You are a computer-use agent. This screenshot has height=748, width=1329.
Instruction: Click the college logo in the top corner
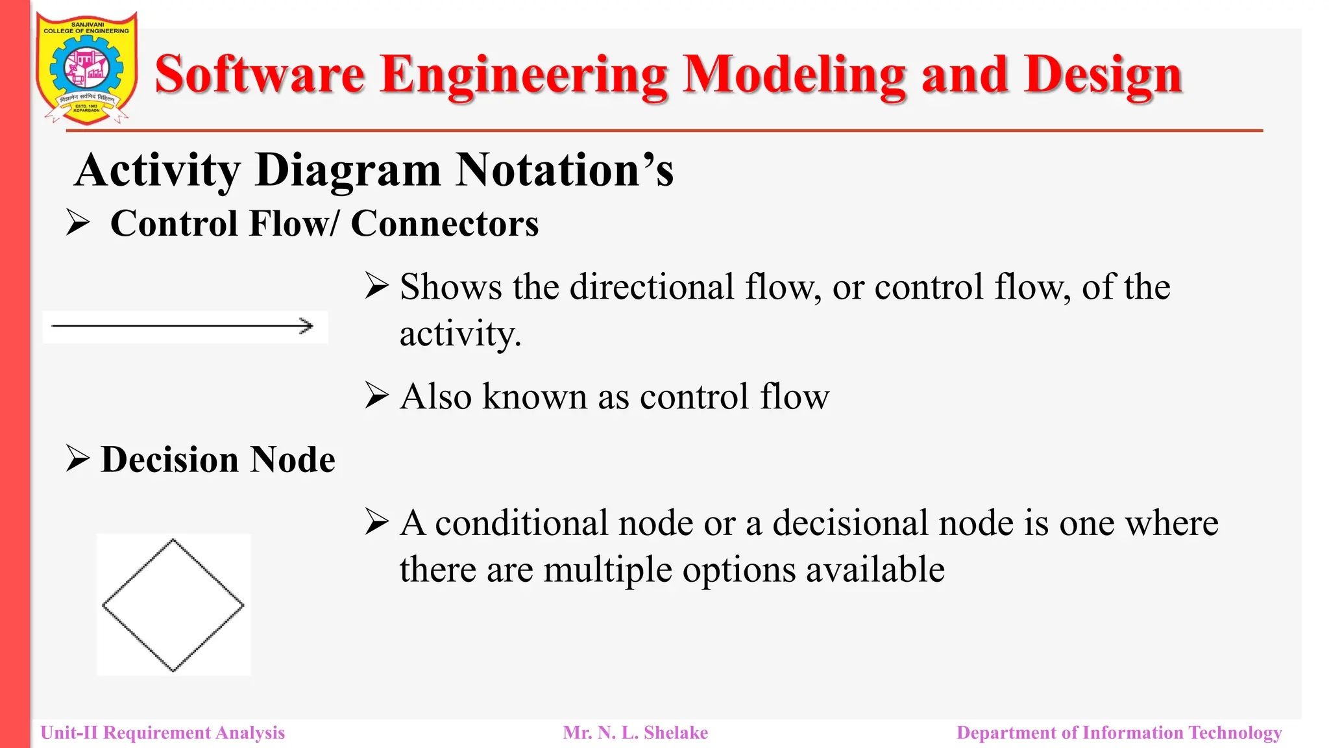[x=86, y=68]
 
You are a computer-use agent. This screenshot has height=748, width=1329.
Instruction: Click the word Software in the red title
[x=259, y=75]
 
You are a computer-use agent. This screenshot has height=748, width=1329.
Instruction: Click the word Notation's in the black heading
[x=564, y=170]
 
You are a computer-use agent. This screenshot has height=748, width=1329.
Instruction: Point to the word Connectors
[x=445, y=224]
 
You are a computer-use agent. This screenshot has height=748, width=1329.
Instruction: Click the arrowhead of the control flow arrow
[x=306, y=326]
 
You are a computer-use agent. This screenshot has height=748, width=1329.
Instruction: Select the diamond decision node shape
[x=173, y=605]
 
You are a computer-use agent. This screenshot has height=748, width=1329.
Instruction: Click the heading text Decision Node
[x=218, y=460]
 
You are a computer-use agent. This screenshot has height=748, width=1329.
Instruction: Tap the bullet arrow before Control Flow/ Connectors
[x=78, y=223]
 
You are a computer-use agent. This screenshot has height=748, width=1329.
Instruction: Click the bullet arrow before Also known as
[x=376, y=395]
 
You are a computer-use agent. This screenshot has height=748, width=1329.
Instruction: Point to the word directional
[x=652, y=287]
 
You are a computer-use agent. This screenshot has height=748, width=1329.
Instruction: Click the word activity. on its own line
[x=460, y=334]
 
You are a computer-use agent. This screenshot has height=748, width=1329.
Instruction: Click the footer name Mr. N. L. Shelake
[x=635, y=733]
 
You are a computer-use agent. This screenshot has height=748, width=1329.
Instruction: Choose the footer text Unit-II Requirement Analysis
[x=163, y=733]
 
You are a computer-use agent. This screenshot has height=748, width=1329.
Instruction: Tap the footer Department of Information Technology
[x=1119, y=733]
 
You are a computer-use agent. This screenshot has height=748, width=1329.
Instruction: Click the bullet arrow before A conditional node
[x=376, y=522]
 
